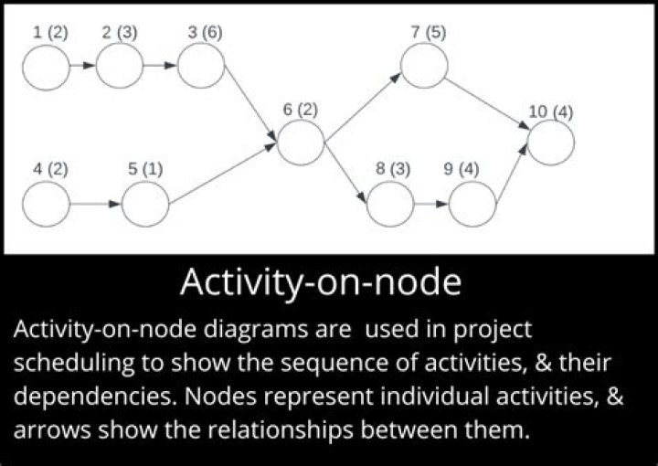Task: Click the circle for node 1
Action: (x=47, y=65)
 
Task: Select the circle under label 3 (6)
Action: (x=201, y=65)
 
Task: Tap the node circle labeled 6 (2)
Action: (x=301, y=143)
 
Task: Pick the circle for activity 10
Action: (x=551, y=143)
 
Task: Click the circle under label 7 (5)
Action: (x=423, y=66)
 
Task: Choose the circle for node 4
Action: (x=47, y=204)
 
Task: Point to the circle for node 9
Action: (x=472, y=204)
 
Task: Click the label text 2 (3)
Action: (x=120, y=33)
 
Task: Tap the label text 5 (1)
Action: (x=144, y=169)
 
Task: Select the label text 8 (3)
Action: (x=393, y=169)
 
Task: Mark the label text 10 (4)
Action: (x=551, y=112)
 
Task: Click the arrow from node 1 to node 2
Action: (x=82, y=65)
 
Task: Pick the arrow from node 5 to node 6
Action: (x=224, y=174)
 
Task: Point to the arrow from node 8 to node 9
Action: (x=431, y=204)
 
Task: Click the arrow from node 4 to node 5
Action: (x=95, y=204)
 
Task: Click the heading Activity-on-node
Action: (x=320, y=282)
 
